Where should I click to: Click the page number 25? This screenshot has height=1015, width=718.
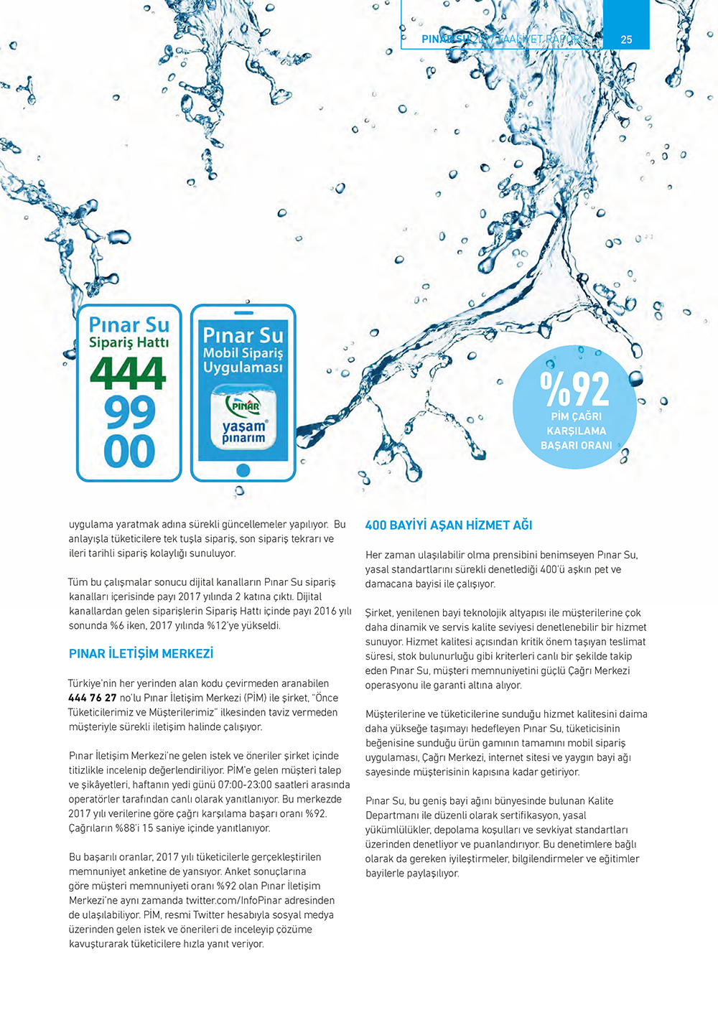[626, 39]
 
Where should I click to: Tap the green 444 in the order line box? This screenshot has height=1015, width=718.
[129, 374]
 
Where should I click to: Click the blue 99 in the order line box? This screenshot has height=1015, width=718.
[129, 413]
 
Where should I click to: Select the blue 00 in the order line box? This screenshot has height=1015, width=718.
[129, 452]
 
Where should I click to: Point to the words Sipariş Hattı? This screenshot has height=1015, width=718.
[129, 343]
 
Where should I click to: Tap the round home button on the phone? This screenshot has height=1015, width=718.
[243, 470]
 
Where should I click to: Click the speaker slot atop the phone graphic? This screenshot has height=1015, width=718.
[243, 313]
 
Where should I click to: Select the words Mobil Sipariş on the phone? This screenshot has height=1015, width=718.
[243, 353]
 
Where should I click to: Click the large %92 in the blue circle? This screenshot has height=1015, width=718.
[574, 389]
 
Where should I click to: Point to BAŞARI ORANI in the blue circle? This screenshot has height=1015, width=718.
[576, 446]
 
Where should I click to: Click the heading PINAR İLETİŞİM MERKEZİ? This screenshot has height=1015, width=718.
[141, 654]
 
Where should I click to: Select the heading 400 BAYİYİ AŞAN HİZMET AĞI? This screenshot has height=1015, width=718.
[449, 525]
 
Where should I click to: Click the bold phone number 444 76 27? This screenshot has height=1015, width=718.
[92, 698]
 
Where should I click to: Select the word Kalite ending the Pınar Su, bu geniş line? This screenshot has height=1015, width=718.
[600, 801]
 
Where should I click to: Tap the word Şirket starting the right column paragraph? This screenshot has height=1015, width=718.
[379, 613]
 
